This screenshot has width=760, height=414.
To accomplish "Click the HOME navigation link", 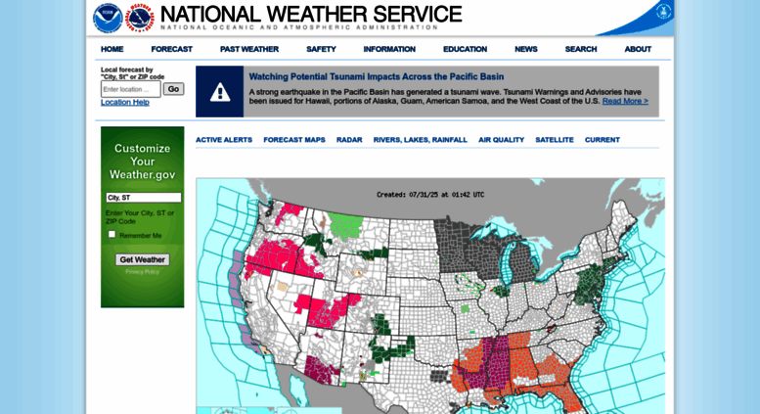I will pyautogui.click(x=112, y=49).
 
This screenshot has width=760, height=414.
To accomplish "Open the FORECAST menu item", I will pyautogui.click(x=171, y=49).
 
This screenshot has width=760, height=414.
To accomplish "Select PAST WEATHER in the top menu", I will pyautogui.click(x=248, y=49).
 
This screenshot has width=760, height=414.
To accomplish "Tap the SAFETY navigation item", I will pyautogui.click(x=321, y=49).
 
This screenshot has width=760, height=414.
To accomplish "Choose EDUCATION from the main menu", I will pyautogui.click(x=465, y=49).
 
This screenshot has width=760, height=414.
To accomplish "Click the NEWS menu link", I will pyautogui.click(x=526, y=49).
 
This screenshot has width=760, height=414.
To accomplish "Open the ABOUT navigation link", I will pyautogui.click(x=638, y=49).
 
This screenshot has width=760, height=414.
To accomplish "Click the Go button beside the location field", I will pyautogui.click(x=173, y=89).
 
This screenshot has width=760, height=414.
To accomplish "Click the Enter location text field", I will pyautogui.click(x=130, y=89).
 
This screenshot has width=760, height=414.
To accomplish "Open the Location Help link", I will pyautogui.click(x=125, y=102).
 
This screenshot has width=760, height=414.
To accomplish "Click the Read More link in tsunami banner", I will pyautogui.click(x=625, y=101).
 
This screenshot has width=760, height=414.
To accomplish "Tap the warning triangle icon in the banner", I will pyautogui.click(x=220, y=92).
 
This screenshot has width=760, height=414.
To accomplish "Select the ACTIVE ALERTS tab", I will pyautogui.click(x=224, y=140).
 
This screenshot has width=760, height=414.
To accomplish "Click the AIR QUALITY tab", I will pyautogui.click(x=501, y=140).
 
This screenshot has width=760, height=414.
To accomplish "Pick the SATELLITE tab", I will pyautogui.click(x=555, y=140).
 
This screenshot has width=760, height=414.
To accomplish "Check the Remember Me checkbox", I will pyautogui.click(x=112, y=235).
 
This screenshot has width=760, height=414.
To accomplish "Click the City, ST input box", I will pyautogui.click(x=143, y=198).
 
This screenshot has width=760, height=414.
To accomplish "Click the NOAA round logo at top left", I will pyautogui.click(x=108, y=18).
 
